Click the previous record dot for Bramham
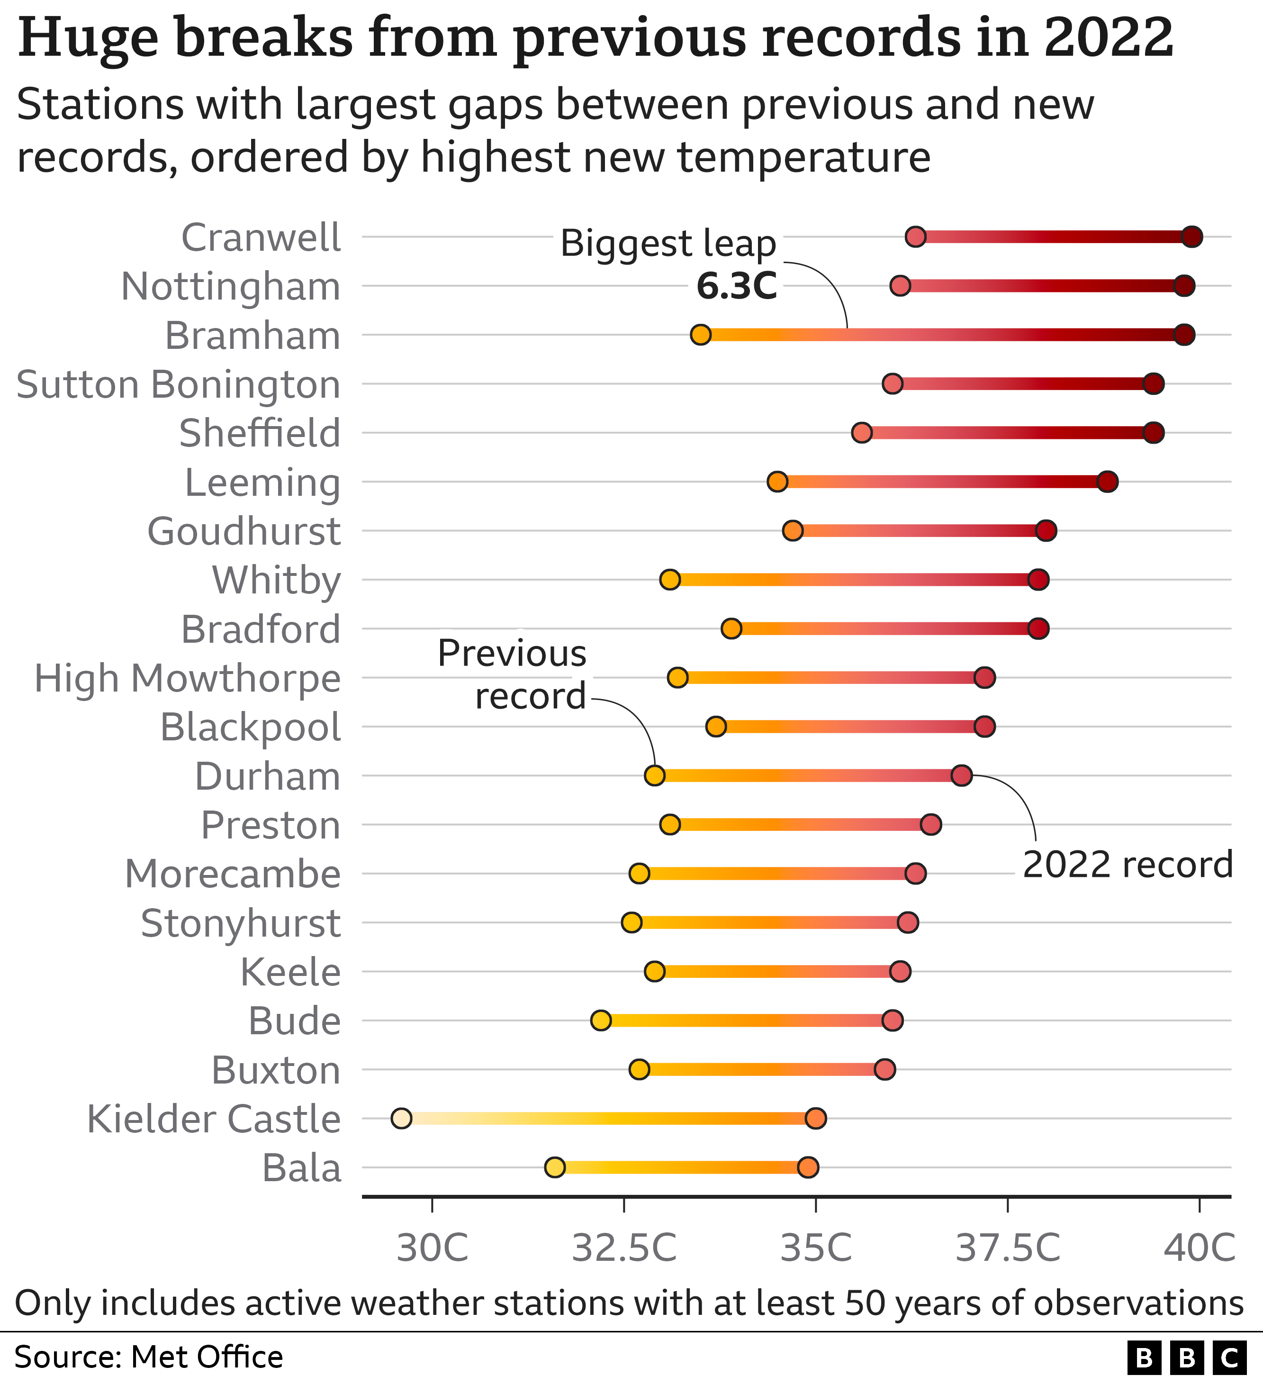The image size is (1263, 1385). [701, 335]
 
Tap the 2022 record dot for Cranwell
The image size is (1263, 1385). [1192, 237]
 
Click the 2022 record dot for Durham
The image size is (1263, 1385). [962, 775]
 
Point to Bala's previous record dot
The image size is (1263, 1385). [555, 1167]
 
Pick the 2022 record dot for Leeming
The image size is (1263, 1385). [1108, 482]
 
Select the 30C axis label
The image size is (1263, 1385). [433, 1248]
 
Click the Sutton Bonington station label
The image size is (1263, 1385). [179, 385]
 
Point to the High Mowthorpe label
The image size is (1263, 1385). [188, 679]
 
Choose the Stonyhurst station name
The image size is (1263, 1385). [240, 923]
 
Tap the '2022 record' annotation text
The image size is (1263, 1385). [1128, 864]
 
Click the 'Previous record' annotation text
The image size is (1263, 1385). [512, 674]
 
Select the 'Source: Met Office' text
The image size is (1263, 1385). [148, 1358]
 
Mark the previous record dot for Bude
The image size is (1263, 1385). [601, 1020]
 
